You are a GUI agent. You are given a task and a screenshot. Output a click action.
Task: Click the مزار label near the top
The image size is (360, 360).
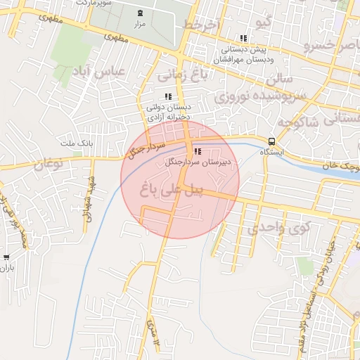[x=139, y=25]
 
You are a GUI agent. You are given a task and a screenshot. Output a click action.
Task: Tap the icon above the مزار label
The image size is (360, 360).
[x=139, y=13]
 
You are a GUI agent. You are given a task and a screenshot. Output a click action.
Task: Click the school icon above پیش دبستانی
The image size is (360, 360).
[x=243, y=39]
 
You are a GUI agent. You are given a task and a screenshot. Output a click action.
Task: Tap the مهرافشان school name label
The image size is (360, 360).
[x=243, y=60]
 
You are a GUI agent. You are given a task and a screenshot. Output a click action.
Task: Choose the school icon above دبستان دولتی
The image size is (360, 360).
[x=167, y=96]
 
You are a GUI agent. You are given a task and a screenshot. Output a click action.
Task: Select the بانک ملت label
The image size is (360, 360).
[x=77, y=143]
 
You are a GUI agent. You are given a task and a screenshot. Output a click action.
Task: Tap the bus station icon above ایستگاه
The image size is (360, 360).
[x=271, y=141]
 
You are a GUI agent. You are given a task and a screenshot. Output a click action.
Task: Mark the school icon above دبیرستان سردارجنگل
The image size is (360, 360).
[x=198, y=150]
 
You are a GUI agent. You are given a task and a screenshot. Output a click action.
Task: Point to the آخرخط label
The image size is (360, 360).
[x=202, y=25]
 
